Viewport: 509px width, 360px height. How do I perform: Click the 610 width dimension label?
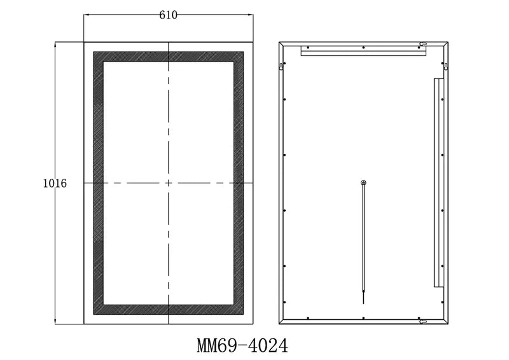click(x=168, y=15)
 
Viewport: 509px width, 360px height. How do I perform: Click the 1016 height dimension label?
click(x=55, y=183)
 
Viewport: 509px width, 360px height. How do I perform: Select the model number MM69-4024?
click(x=242, y=345)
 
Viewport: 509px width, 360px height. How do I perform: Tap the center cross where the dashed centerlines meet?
click(x=169, y=183)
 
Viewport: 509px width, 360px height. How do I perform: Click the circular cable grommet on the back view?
click(x=363, y=183)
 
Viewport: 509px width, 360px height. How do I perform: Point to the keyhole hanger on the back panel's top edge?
click(x=422, y=44)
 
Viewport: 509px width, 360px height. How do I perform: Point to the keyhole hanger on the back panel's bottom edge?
click(x=422, y=322)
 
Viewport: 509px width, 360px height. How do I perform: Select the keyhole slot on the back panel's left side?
click(x=281, y=66)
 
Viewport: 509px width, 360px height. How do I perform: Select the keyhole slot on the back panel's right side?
click(x=446, y=66)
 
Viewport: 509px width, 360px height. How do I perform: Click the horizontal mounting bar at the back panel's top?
click(x=363, y=51)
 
